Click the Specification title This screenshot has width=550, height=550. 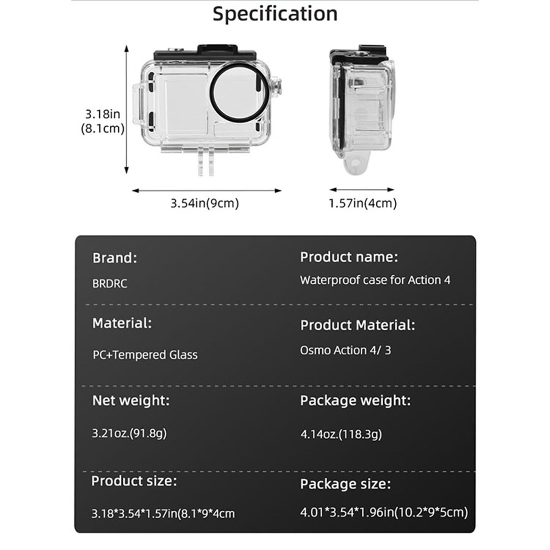[275, 14]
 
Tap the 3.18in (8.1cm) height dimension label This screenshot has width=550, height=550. [102, 121]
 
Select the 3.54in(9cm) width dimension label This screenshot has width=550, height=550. [205, 203]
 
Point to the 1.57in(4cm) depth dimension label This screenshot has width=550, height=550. [363, 203]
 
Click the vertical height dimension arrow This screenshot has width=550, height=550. [126, 110]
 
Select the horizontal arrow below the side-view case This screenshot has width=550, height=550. [362, 189]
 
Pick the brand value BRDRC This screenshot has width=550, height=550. [110, 284]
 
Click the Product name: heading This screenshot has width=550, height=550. [349, 257]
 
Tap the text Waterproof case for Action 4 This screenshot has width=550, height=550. [375, 280]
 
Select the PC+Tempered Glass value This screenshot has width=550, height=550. [145, 355]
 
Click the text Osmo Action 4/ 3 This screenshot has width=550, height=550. [345, 350]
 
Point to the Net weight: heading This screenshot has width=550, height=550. [131, 400]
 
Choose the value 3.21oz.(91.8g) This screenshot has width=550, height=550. [129, 433]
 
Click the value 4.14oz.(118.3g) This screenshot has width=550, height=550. [341, 434]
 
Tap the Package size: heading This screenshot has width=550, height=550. [345, 484]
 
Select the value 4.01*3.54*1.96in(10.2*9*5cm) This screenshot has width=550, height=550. [384, 512]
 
